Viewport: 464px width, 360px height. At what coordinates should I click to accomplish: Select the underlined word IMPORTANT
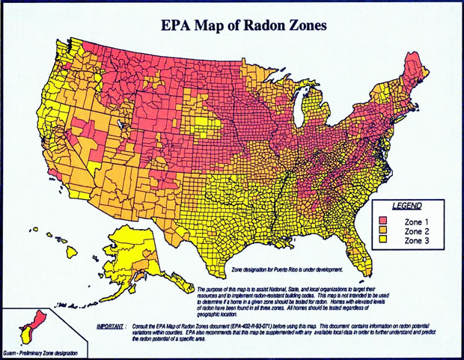(113, 327)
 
